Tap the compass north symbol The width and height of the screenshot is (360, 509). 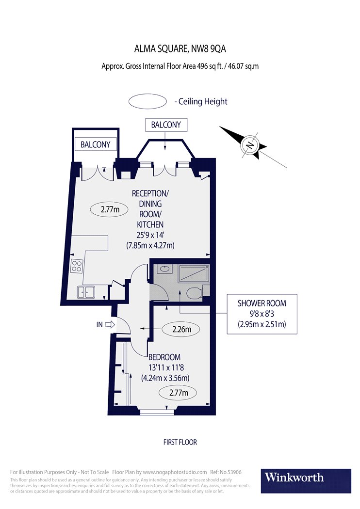click(250, 144)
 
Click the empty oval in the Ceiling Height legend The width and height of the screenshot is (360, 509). click(146, 102)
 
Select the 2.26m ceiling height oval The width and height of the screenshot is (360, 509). click(182, 330)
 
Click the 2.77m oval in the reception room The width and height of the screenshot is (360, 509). click(110, 210)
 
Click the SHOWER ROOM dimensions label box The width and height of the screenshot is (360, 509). click(262, 314)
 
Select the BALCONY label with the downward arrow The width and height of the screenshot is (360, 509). click(166, 125)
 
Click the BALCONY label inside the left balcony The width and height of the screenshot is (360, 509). click(95, 144)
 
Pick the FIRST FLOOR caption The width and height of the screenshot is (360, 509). click(180, 442)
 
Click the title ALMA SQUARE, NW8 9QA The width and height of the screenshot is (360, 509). click(180, 48)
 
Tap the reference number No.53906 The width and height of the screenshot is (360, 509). click(236, 472)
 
